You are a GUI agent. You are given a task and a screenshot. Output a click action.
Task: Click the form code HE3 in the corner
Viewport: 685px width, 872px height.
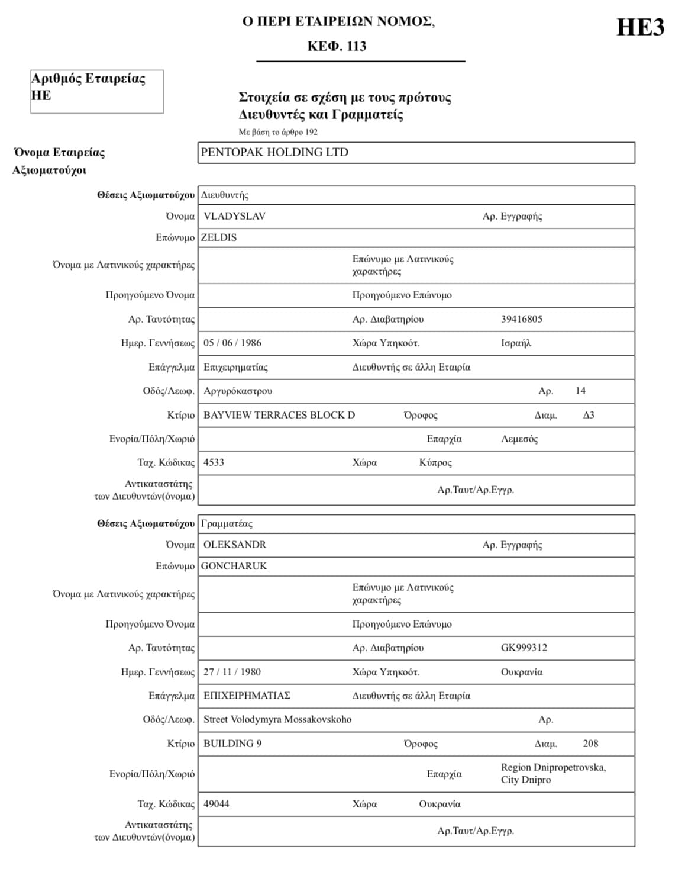pos(640,28)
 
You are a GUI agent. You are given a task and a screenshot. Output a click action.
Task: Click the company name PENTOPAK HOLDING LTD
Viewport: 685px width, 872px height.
pos(274,152)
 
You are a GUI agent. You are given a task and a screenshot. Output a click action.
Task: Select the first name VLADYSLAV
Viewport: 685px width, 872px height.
pos(234,216)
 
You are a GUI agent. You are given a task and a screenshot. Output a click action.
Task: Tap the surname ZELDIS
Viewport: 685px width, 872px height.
pos(219,237)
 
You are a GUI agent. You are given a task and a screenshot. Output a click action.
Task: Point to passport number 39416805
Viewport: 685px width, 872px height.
pos(521,319)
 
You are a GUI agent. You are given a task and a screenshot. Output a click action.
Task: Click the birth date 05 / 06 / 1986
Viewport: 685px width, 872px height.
pos(232,343)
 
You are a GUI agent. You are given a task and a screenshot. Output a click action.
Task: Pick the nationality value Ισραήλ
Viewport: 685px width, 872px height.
pos(516,343)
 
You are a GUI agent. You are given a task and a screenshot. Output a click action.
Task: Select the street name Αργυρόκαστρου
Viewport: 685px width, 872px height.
pos(238,391)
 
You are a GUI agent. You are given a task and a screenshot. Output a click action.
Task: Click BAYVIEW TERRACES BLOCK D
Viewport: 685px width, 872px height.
pos(279,415)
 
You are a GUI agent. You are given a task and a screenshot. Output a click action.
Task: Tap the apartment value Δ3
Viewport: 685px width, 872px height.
pos(588,415)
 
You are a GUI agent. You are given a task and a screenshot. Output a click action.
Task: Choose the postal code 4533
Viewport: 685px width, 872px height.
pos(214,462)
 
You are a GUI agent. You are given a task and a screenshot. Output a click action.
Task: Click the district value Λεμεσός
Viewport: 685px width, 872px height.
pos(519,439)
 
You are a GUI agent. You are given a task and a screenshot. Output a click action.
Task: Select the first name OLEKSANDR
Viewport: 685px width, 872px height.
pos(235,545)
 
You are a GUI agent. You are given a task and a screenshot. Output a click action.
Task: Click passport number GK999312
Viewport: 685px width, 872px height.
pos(524,648)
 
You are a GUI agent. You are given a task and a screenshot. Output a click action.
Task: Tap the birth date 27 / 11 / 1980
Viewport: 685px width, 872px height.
pos(232,672)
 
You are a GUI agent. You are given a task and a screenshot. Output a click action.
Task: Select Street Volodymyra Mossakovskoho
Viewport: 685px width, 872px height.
pos(277,719)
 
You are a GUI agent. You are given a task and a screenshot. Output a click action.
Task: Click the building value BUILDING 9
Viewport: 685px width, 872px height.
pos(232,744)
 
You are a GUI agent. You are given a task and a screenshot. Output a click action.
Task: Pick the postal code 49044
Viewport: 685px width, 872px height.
pos(216,804)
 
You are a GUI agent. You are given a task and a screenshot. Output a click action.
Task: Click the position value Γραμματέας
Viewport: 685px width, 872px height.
pos(227,523)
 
